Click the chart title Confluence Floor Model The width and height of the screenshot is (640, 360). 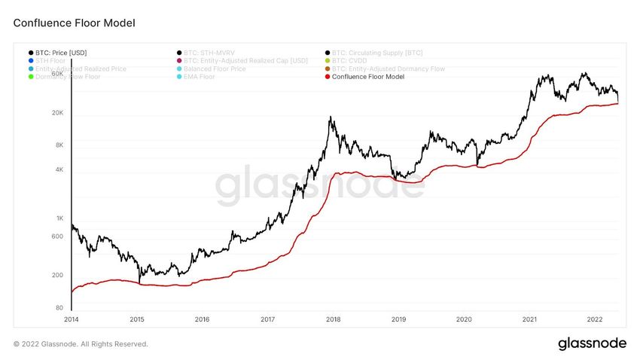point(74,23)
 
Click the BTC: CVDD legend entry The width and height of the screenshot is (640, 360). point(352,60)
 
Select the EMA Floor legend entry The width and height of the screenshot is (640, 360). point(200,77)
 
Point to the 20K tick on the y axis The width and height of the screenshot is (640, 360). point(57,113)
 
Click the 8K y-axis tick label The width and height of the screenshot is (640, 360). point(59,145)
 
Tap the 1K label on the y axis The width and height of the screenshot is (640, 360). point(59,218)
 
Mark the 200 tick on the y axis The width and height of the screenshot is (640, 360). point(58,276)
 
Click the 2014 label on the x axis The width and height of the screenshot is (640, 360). point(71,319)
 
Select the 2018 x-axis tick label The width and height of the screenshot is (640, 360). point(333,319)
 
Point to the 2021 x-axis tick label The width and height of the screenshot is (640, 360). point(529,319)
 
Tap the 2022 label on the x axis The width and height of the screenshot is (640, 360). point(595,319)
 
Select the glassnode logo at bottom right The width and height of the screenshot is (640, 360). point(592,343)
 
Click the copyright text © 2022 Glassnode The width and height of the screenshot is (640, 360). point(81,344)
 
